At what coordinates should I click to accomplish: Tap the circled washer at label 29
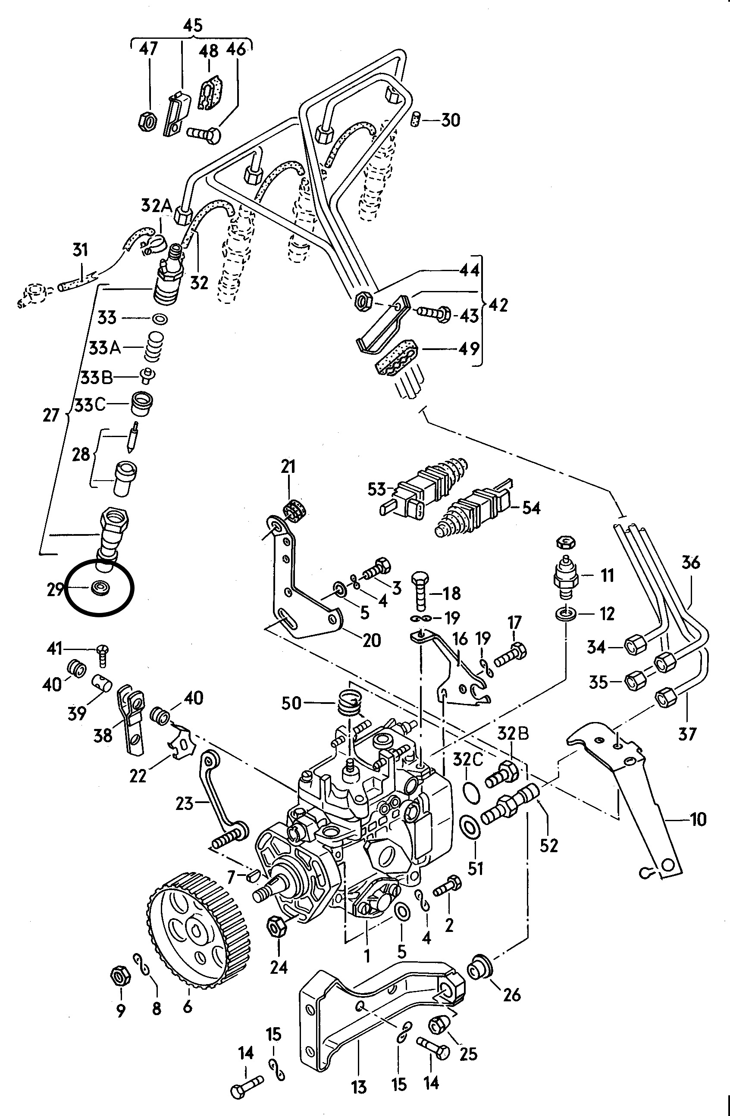(x=100, y=588)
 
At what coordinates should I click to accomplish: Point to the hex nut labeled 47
(x=147, y=122)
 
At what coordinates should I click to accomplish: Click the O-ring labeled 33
(x=159, y=319)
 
